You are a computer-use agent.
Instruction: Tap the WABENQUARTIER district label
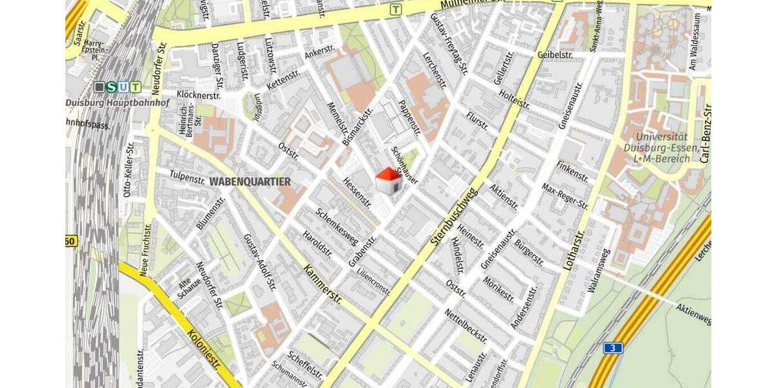point(250,182)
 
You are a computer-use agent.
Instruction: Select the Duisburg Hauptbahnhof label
point(103,102)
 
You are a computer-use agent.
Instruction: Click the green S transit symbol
point(112,87)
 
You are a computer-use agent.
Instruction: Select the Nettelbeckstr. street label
point(466,325)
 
